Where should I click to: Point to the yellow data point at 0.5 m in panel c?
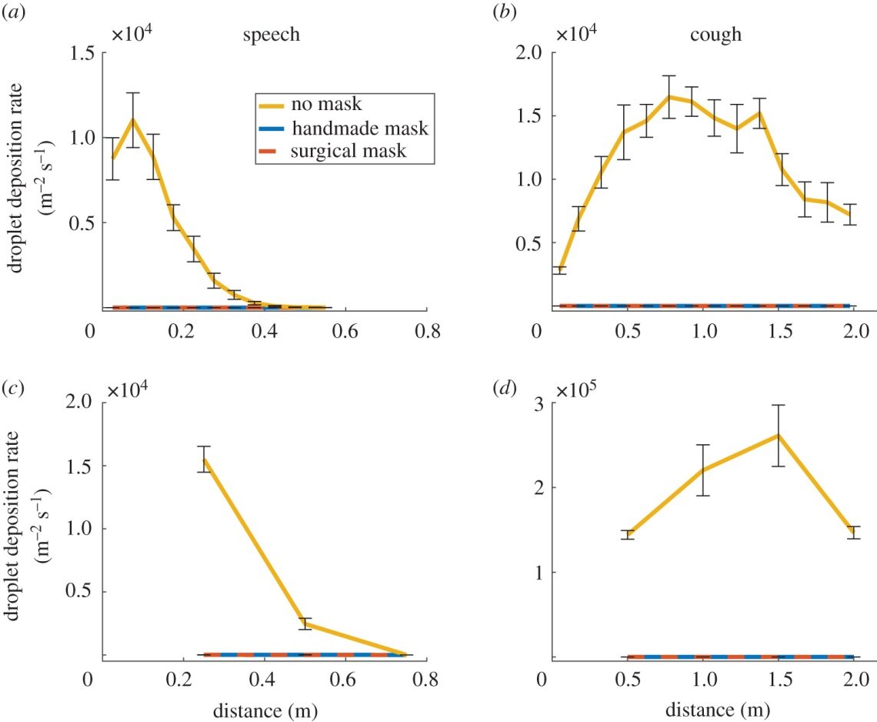(305, 623)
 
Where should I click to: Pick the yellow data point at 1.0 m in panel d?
(703, 470)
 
